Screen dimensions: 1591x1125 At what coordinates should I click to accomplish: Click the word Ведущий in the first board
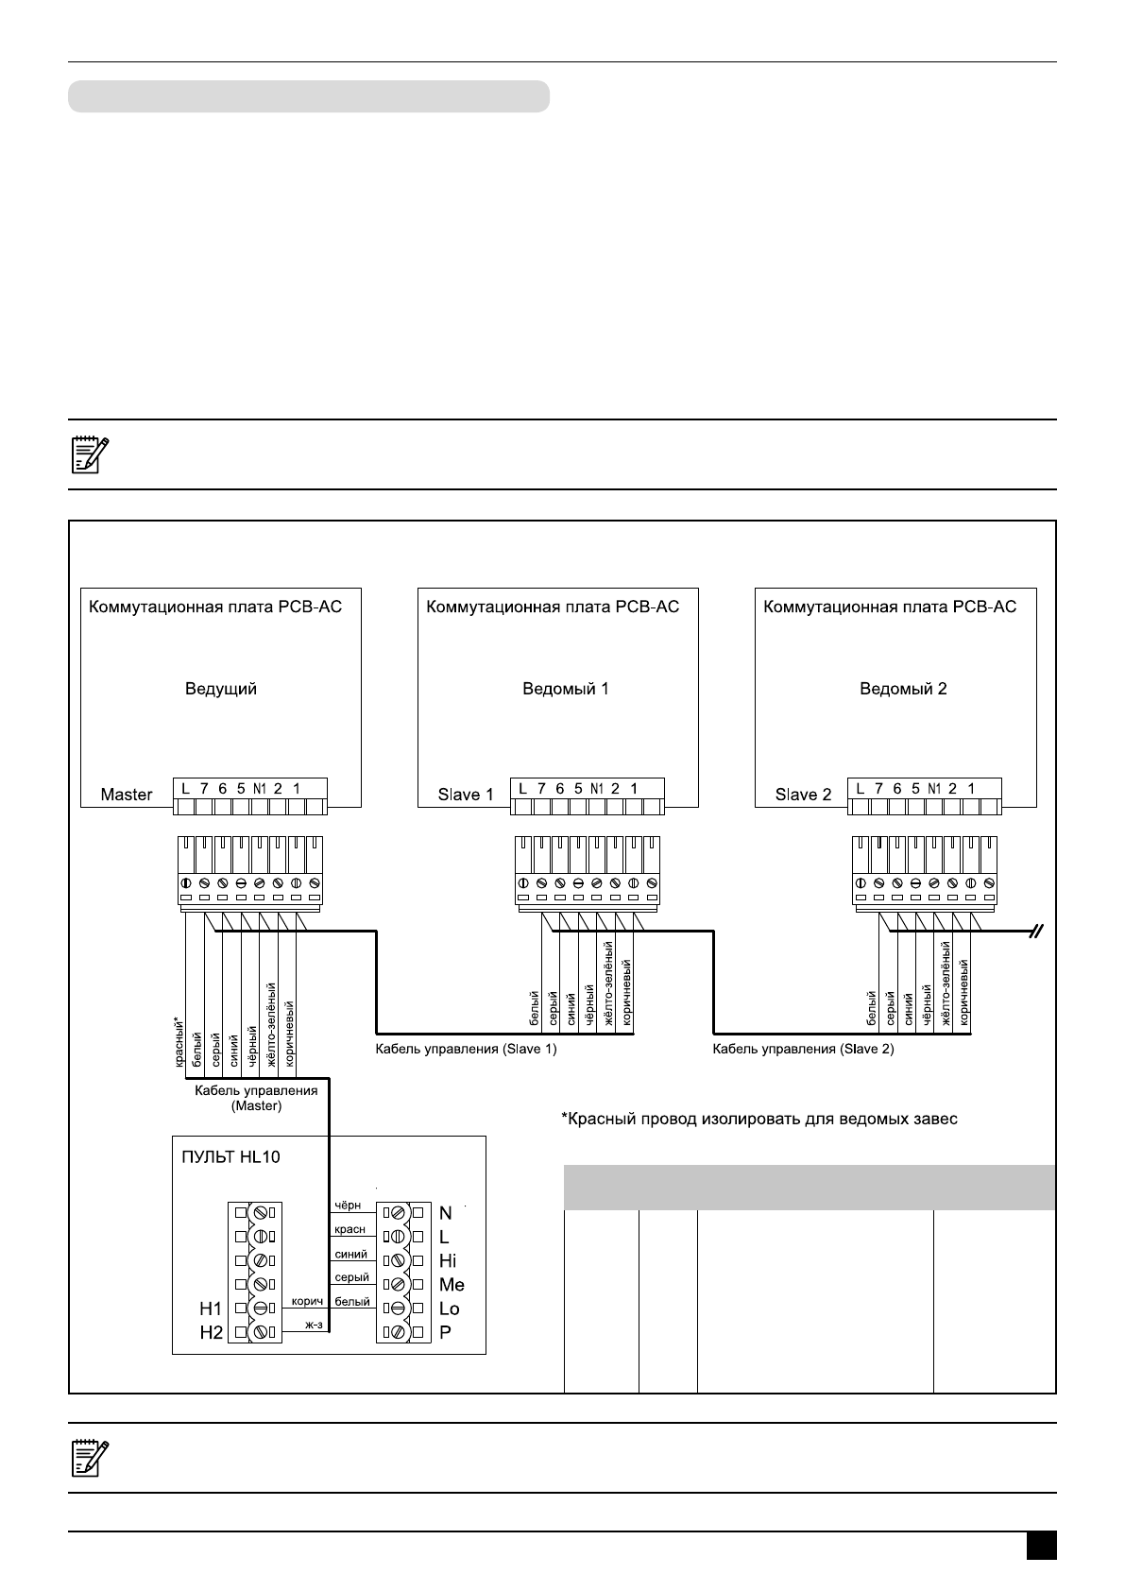click(220, 689)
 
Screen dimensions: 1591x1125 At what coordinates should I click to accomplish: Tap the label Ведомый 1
click(566, 689)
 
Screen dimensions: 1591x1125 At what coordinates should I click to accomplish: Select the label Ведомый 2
click(903, 689)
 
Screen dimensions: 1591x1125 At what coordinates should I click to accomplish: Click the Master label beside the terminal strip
click(127, 795)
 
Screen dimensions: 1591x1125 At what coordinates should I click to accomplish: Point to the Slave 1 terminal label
click(466, 795)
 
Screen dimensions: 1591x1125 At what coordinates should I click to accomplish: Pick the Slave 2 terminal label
click(803, 795)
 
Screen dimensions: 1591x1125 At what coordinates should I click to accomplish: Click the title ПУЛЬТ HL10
click(230, 1156)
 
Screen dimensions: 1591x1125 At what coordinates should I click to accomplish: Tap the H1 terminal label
click(211, 1309)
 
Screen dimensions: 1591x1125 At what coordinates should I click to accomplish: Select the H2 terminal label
click(211, 1332)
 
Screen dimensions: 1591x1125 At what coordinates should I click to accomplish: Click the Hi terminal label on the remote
click(448, 1260)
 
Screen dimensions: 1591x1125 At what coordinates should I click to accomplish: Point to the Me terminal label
click(452, 1285)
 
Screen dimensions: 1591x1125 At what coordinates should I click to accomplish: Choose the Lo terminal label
click(450, 1309)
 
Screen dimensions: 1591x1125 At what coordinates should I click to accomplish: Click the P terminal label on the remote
click(446, 1332)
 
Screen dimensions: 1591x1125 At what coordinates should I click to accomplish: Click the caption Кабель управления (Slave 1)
click(466, 1049)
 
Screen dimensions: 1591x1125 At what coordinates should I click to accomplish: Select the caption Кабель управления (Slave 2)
click(803, 1049)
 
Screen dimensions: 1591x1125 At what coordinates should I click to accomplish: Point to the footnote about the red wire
click(759, 1120)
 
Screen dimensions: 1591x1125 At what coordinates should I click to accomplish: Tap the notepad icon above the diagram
click(91, 454)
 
